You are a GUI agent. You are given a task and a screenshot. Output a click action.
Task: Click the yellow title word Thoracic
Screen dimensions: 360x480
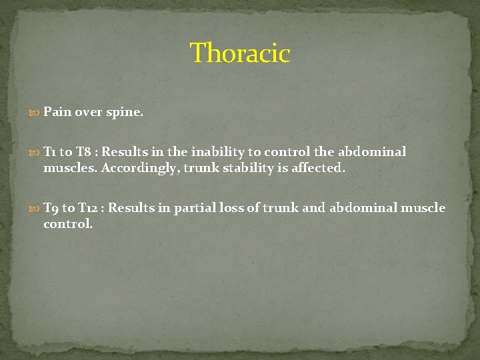click(240, 53)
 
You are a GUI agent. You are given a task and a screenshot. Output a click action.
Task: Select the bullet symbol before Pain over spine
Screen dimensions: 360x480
click(36, 113)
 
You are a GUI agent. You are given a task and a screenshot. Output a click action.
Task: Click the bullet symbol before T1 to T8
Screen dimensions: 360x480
click(36, 152)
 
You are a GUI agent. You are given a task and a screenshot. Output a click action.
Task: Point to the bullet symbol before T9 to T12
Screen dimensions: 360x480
click(36, 208)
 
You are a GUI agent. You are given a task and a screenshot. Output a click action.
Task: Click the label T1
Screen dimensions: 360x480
click(49, 152)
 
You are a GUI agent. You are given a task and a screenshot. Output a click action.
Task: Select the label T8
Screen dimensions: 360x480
click(84, 152)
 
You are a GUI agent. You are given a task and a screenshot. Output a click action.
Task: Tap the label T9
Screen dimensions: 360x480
click(51, 208)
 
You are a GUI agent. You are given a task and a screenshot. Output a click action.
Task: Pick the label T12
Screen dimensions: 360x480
click(87, 208)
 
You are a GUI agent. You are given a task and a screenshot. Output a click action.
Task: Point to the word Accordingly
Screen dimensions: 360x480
click(140, 168)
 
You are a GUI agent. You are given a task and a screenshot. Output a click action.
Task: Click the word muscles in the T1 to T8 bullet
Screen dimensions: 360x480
click(70, 168)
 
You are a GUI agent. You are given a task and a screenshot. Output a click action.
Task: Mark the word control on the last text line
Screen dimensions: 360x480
click(67, 224)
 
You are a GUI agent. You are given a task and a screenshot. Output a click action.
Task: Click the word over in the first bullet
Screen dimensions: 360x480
click(88, 113)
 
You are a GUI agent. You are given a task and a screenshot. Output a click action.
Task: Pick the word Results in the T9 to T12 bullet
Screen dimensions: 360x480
click(130, 208)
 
